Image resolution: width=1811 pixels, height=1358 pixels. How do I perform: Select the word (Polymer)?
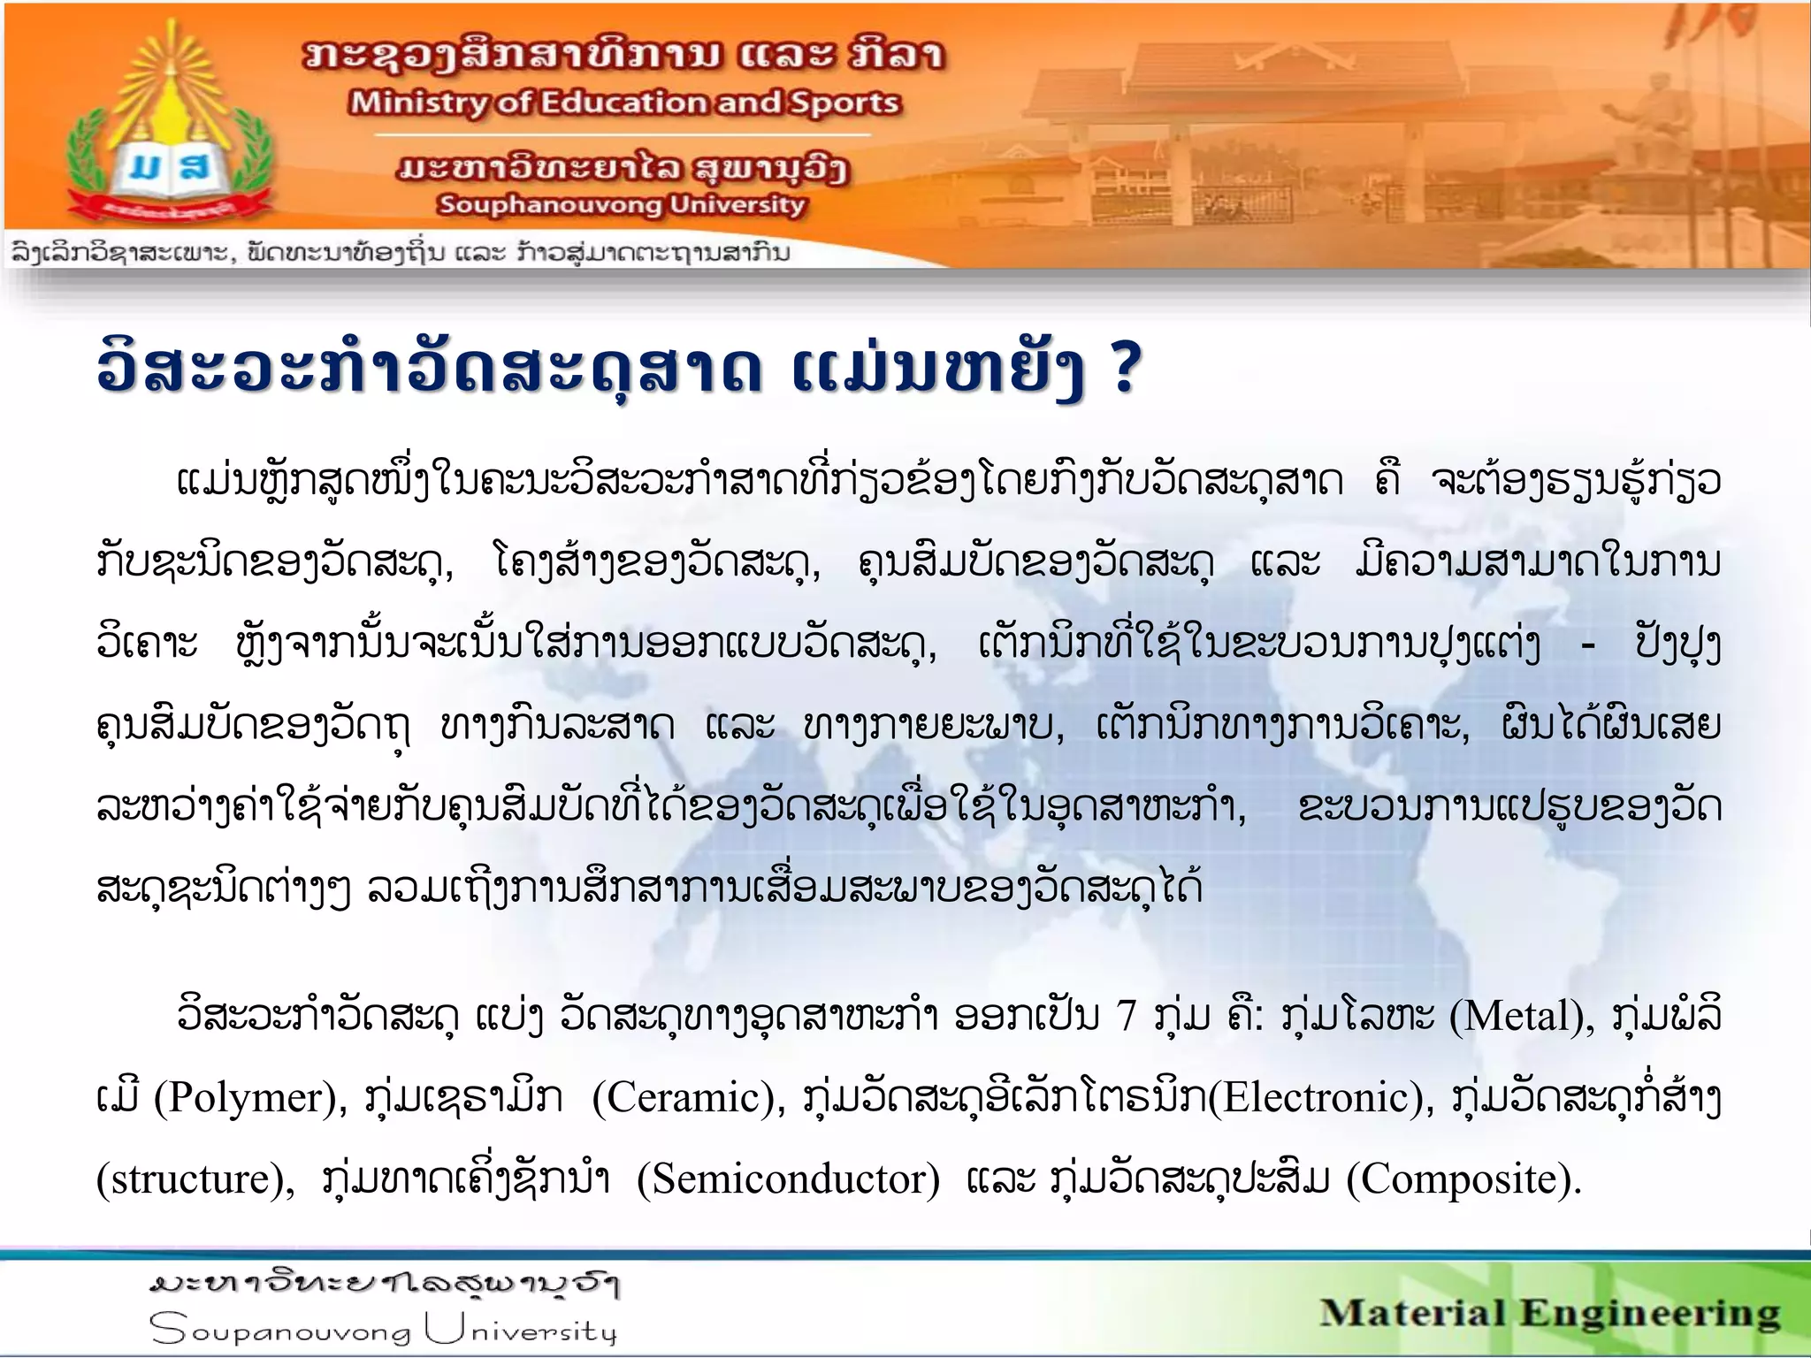coord(250,1098)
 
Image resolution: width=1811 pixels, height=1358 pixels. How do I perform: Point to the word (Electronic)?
coord(1321,1098)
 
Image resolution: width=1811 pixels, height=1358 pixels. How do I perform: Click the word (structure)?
coord(195,1179)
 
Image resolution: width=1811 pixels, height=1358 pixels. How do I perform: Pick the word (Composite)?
coord(1463,1179)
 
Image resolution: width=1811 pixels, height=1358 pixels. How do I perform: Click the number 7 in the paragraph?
coord(1126,1016)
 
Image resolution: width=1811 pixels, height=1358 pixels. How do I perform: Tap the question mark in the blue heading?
coord(1125,369)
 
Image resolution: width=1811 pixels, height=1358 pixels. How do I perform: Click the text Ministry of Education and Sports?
coord(624,103)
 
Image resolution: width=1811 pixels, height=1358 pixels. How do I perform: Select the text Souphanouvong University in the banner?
coord(622,205)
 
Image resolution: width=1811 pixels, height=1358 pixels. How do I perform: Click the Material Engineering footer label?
coord(1549,1314)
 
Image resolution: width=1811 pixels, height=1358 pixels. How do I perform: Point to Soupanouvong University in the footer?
coord(383,1329)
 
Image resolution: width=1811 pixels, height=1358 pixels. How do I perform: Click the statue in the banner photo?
coord(1644,124)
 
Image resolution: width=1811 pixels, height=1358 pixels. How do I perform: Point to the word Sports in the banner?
coord(844,103)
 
